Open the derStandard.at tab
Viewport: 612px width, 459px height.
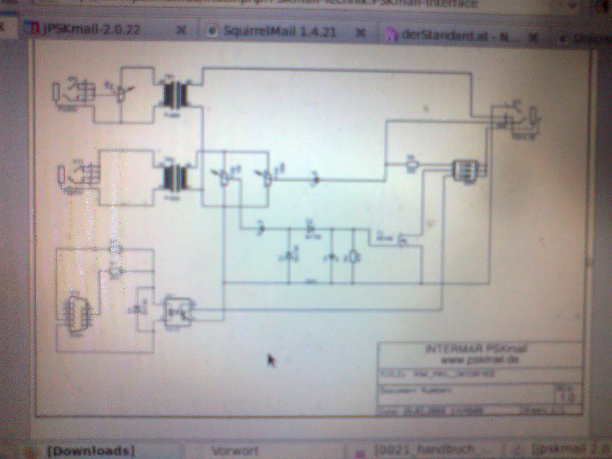[459, 36]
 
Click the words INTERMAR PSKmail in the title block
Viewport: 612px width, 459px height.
[476, 349]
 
